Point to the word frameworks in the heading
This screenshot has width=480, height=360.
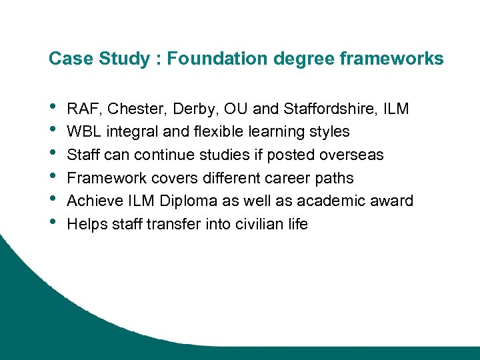[391, 59]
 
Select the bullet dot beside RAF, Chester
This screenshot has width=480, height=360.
[53, 107]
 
